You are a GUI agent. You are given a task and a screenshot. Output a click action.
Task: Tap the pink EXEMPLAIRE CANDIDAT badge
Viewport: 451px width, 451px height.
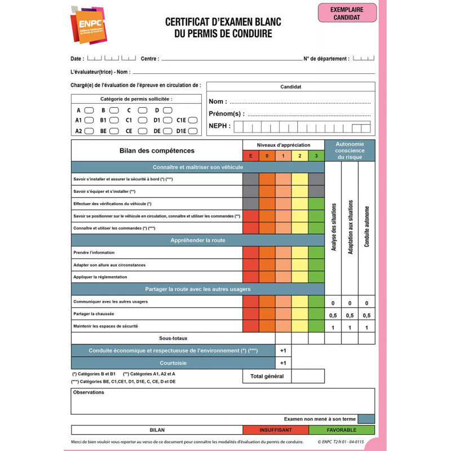[x=347, y=13]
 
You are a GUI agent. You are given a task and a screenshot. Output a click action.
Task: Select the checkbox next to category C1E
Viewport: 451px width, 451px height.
[x=193, y=120]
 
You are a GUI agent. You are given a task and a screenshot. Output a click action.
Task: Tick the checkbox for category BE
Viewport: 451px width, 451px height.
[x=114, y=131]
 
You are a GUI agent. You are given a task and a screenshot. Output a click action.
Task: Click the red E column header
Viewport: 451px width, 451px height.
[x=250, y=156]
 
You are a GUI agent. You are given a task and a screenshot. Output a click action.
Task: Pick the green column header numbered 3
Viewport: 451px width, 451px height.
[x=316, y=156]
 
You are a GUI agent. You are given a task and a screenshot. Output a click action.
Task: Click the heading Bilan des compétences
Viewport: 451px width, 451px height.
[x=157, y=151]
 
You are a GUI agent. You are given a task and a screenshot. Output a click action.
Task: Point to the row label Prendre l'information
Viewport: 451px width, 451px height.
[x=94, y=253]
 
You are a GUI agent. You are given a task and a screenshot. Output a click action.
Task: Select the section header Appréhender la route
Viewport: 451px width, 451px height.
[x=197, y=240]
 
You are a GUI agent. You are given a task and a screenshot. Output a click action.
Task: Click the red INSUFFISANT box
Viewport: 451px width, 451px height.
[x=276, y=430]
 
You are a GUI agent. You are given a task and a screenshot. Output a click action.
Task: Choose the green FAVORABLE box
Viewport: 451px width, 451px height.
[x=342, y=430]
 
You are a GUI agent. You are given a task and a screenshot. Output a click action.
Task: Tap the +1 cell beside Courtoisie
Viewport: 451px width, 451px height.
[x=283, y=363]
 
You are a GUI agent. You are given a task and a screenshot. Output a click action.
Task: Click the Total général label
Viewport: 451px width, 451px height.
[x=267, y=376]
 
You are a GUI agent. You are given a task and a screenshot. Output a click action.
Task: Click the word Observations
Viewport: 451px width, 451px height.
[x=89, y=392]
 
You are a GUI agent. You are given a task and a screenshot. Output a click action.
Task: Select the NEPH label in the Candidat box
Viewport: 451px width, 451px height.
[x=219, y=126]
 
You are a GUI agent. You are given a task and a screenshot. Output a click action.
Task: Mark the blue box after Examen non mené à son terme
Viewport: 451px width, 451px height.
[x=366, y=419]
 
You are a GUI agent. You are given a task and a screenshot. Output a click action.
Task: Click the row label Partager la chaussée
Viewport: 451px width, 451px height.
[x=94, y=314]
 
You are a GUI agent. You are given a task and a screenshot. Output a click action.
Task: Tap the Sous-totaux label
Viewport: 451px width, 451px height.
[x=173, y=338]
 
